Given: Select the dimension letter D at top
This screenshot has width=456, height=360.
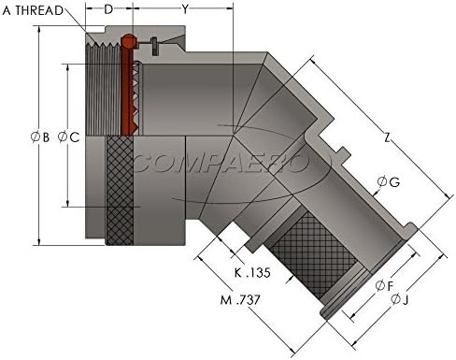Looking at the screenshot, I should coord(109,10).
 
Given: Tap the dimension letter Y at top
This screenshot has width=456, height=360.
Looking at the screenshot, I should coord(184,10).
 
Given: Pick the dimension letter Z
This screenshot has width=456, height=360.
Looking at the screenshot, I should coord(388,137).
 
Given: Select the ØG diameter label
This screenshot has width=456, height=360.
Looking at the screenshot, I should coord(388,181).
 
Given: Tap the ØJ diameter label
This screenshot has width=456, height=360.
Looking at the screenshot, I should coord(402,299).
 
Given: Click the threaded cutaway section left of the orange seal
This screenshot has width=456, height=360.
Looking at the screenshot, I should coord(103,89).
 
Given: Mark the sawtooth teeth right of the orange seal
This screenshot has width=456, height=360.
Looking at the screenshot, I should coord(136,94).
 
